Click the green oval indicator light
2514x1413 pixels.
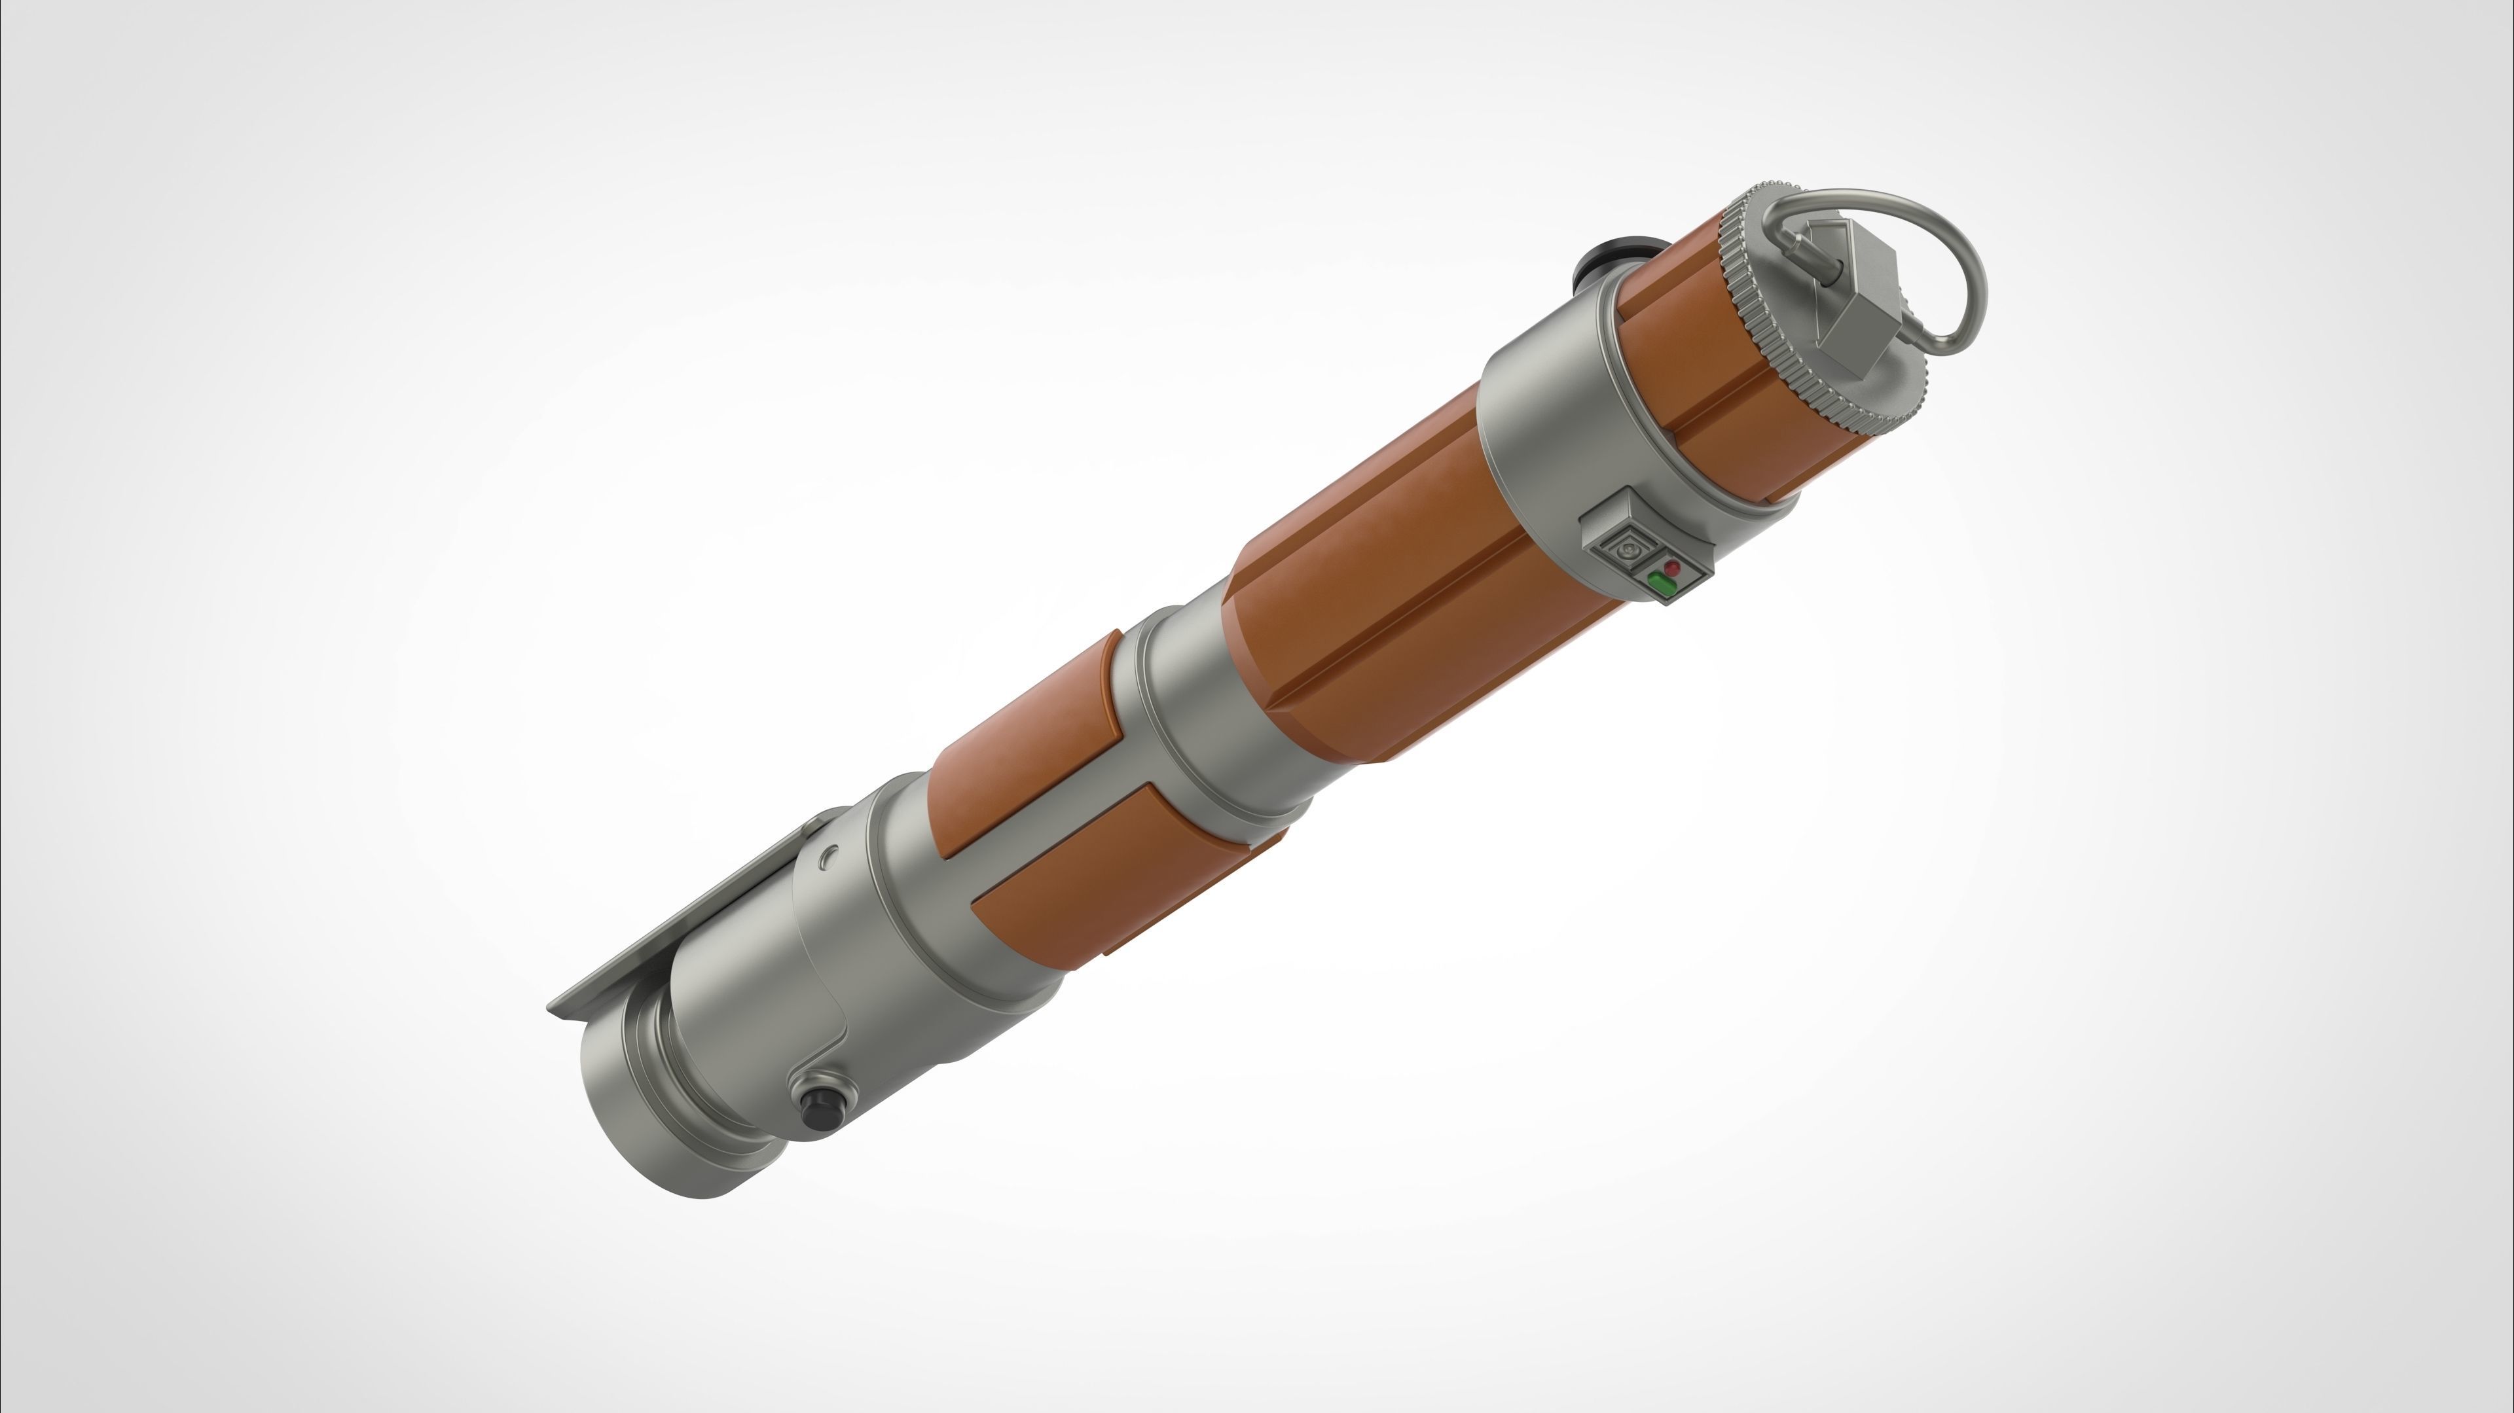[1662, 584]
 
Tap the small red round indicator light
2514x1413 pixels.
[1673, 567]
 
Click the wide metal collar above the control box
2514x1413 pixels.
[1542, 429]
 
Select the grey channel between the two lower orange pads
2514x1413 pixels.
[1034, 839]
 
